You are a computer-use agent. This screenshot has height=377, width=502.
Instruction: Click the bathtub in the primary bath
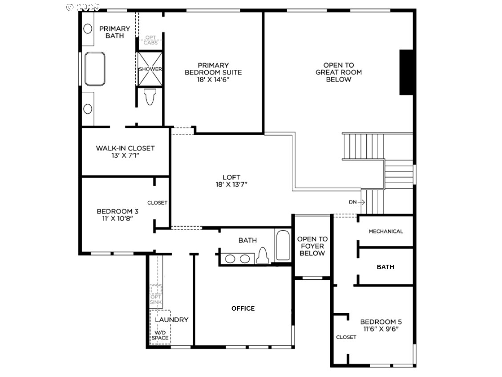[95, 69]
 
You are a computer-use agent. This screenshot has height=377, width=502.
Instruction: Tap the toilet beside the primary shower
[150, 97]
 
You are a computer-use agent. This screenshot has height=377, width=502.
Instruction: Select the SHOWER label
[150, 69]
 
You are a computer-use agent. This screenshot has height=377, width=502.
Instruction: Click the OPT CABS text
[150, 40]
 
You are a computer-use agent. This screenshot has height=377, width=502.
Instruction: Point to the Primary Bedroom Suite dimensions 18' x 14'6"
[213, 79]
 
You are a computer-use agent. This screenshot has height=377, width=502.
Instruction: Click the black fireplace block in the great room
[406, 72]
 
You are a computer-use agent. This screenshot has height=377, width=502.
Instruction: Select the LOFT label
[231, 177]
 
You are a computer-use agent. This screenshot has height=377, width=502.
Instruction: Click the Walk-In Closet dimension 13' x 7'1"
[125, 156]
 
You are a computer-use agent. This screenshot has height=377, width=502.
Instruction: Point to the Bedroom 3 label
[117, 211]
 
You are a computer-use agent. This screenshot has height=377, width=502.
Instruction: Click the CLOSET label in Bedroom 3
[157, 203]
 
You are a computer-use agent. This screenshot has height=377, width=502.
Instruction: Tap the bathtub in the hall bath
[283, 245]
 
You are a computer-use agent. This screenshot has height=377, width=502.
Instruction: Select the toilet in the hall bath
[263, 255]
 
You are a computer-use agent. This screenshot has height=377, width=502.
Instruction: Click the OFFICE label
[243, 308]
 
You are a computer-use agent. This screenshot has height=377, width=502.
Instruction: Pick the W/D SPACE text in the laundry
[160, 335]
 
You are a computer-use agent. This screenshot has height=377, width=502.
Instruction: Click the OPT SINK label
[156, 299]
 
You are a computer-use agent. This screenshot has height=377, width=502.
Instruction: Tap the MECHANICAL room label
[386, 231]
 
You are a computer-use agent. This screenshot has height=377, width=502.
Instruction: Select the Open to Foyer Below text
[312, 246]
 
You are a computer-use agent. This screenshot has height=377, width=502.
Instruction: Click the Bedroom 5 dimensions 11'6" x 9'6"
[381, 329]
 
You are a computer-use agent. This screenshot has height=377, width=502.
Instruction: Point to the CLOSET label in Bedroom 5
[346, 337]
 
